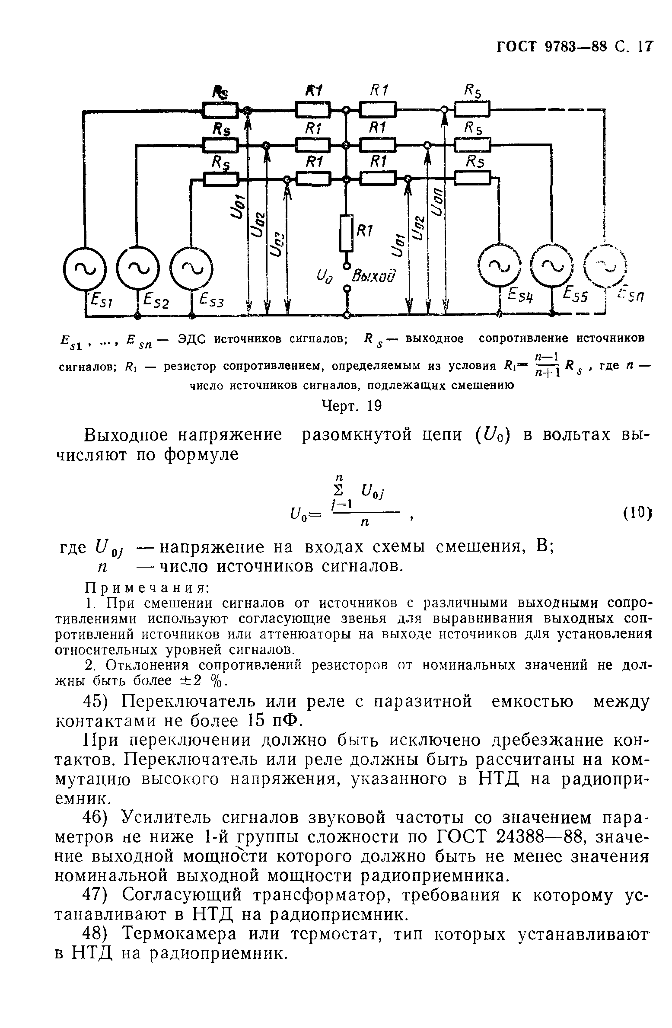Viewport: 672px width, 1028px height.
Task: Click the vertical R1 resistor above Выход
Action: point(346,233)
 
